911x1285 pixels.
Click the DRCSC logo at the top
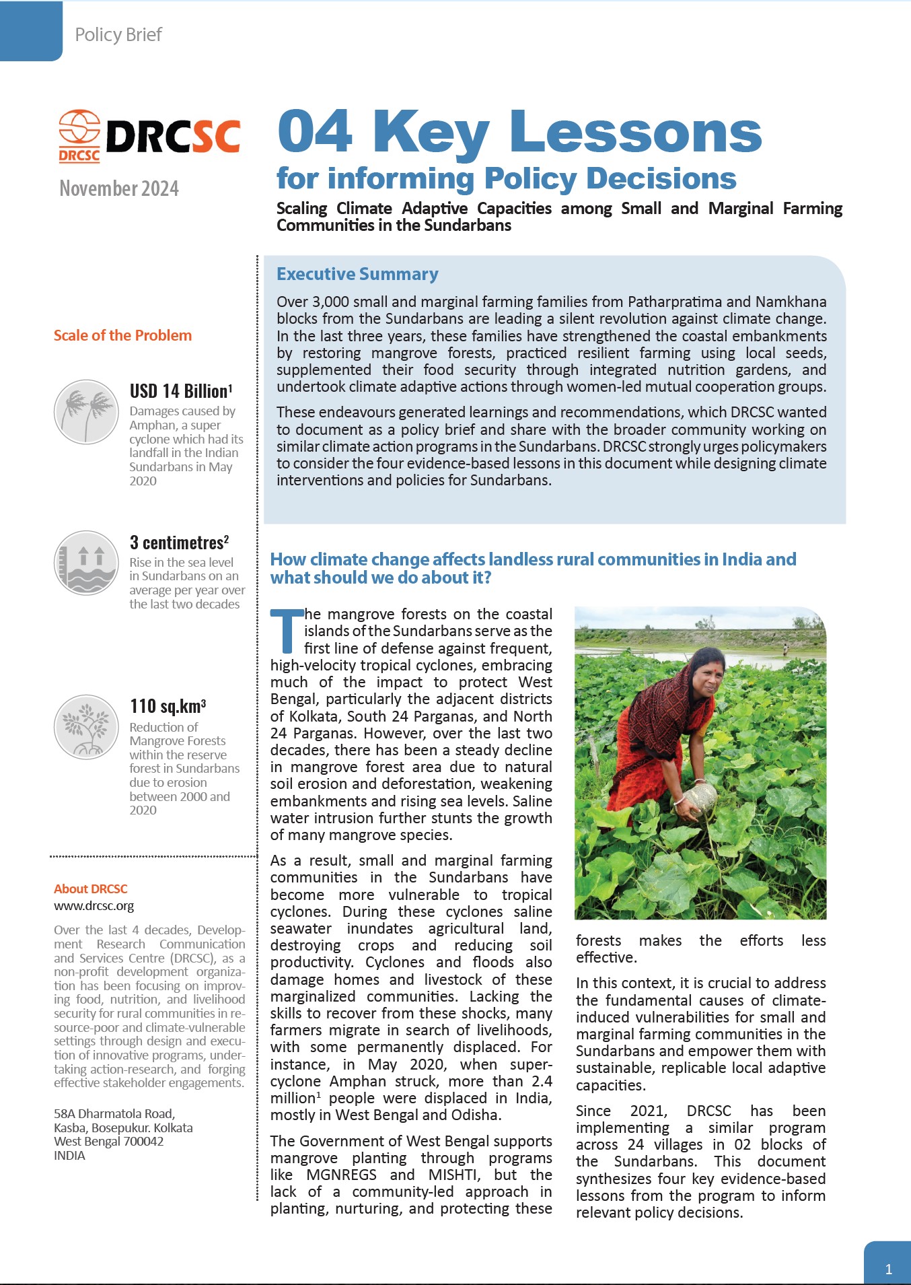click(x=149, y=137)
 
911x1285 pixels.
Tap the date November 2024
click(x=119, y=188)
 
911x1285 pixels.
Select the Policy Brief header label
click(x=118, y=34)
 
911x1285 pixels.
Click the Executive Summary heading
click(x=357, y=274)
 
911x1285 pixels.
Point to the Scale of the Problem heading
click(x=122, y=335)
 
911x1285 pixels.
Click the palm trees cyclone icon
click(x=86, y=411)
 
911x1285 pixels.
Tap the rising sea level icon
click(x=86, y=563)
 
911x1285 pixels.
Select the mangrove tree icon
click(x=86, y=727)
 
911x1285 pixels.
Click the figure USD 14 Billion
click(x=180, y=391)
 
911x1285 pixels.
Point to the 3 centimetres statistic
click(x=179, y=543)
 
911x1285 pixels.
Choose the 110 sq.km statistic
click(x=168, y=706)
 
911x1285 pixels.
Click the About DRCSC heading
click(x=90, y=889)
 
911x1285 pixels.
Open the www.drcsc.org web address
click(x=94, y=906)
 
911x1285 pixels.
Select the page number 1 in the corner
click(x=888, y=1270)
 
